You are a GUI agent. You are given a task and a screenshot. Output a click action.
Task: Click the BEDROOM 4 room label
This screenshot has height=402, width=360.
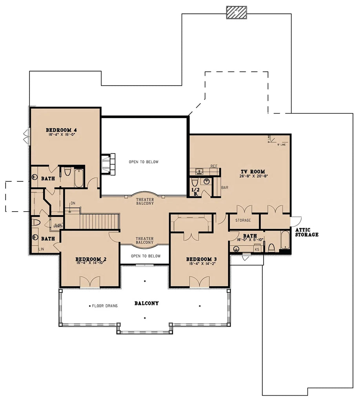(x=61, y=130)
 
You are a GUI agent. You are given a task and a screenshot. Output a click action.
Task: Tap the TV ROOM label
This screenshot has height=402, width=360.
(x=253, y=172)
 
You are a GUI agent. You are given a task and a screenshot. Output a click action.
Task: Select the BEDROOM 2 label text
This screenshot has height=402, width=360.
(x=91, y=259)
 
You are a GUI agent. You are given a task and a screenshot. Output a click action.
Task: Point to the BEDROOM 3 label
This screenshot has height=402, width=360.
(x=202, y=259)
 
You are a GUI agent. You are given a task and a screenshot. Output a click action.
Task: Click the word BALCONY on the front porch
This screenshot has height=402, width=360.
(x=146, y=303)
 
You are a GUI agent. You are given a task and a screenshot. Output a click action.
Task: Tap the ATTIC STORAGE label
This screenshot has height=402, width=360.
(x=306, y=232)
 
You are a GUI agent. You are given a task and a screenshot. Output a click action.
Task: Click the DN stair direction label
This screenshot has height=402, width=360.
(x=73, y=203)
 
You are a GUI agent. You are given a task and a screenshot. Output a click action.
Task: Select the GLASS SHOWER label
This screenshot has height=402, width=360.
(x=58, y=225)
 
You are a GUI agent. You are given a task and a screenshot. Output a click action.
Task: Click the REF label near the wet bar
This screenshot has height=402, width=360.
(x=214, y=166)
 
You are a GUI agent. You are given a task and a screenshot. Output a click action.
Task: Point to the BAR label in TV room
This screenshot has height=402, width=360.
(x=225, y=188)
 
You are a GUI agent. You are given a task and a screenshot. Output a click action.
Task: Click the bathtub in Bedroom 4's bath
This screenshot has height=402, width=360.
(x=79, y=178)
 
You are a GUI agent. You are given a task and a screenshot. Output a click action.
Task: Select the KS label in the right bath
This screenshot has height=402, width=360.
(x=257, y=249)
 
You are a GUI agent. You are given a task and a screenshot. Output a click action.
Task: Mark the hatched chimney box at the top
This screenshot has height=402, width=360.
(x=236, y=13)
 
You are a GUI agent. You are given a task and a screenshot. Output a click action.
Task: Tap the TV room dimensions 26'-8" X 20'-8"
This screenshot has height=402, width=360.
(x=253, y=176)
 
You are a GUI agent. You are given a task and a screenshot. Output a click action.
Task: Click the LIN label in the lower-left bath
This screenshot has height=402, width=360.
(x=41, y=249)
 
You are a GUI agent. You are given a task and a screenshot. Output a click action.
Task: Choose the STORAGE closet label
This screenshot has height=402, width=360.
(x=243, y=220)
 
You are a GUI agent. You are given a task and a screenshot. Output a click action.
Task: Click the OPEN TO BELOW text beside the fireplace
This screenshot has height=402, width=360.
(x=144, y=162)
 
